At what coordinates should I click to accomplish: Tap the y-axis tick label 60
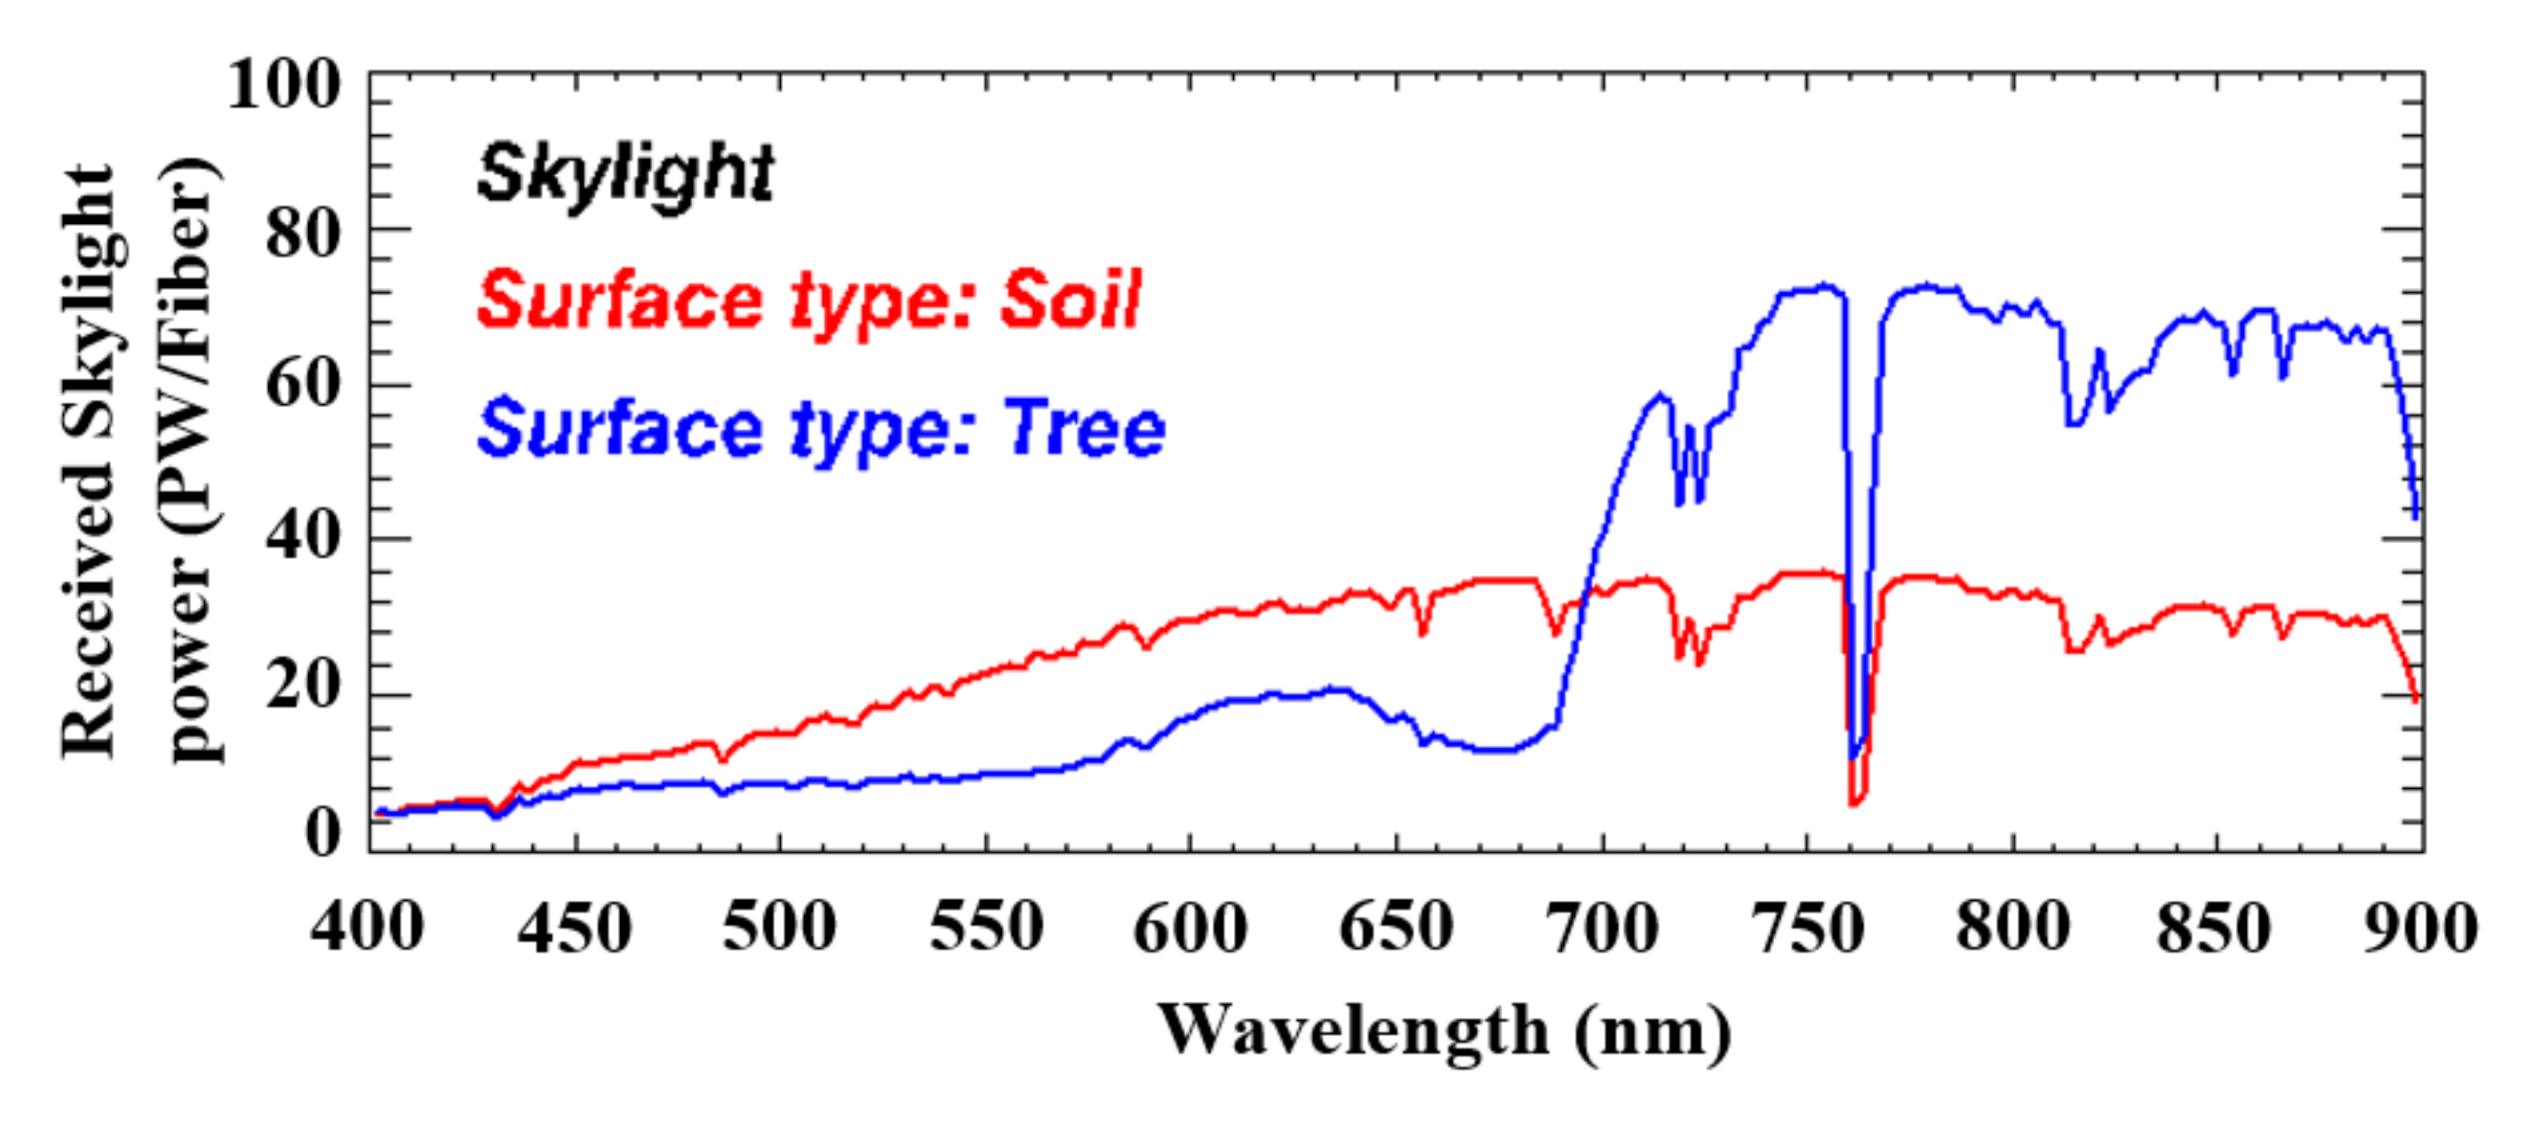point(302,384)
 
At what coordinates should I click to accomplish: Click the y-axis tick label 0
point(323,832)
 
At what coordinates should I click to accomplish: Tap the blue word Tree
point(1084,430)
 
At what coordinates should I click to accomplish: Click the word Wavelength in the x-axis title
point(1353,1030)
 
